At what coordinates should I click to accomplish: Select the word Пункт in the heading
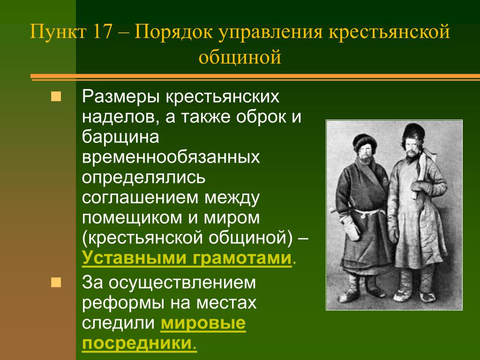58,31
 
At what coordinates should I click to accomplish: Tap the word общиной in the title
240,57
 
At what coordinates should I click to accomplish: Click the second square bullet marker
56,282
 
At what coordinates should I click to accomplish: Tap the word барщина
120,137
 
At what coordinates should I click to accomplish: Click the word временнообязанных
171,157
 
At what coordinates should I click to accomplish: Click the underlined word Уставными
134,258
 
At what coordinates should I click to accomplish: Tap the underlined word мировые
203,323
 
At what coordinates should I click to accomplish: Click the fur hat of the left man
364,142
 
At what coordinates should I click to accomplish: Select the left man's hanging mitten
351,227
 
